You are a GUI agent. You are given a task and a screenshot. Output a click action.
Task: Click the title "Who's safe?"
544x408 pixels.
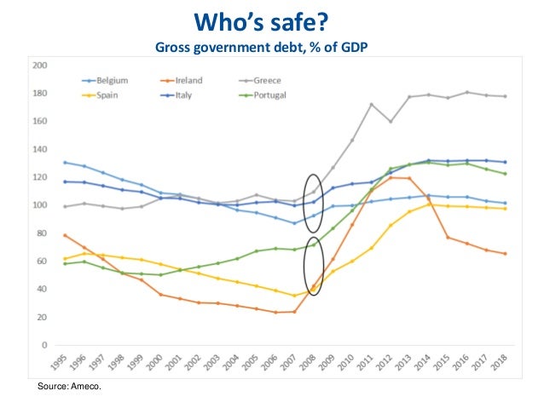tap(271, 18)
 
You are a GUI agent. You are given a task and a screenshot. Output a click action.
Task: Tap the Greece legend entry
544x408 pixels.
tap(264, 81)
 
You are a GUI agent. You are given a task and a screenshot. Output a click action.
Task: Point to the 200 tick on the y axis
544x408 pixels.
tap(40, 65)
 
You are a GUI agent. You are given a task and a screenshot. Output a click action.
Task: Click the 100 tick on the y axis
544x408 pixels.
tap(40, 205)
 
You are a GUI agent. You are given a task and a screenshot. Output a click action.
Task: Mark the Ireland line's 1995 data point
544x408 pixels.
tap(64, 235)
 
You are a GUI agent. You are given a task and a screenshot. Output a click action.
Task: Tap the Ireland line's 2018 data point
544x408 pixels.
tap(506, 254)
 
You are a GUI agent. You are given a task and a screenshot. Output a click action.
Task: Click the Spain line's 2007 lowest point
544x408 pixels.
tap(294, 296)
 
